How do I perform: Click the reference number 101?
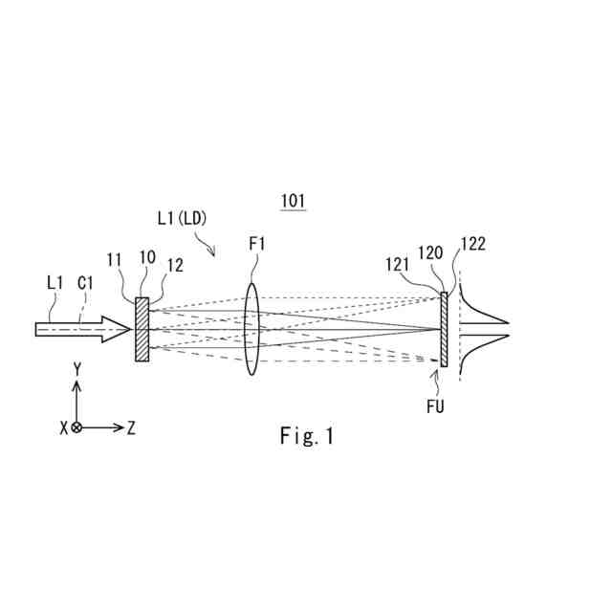point(293,201)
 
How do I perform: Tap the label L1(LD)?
point(182,218)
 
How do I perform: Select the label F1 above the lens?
point(257,245)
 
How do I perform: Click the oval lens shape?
point(252,329)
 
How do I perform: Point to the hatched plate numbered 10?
point(142,329)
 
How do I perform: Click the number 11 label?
point(114,259)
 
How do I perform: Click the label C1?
point(85,283)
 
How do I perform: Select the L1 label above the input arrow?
point(54,283)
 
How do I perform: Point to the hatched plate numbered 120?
point(444,328)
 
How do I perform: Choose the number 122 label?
point(472,244)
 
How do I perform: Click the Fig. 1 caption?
point(307,437)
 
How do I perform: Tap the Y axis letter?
point(76,367)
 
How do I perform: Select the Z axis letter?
point(131,427)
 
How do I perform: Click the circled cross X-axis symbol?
point(77,427)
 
